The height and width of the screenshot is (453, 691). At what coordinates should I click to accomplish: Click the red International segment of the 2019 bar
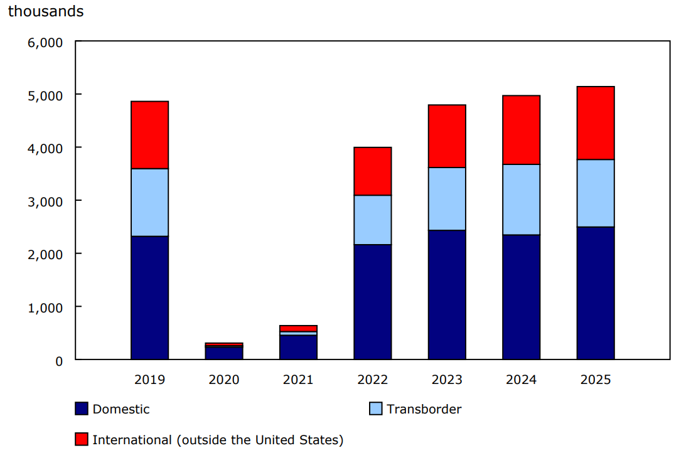click(149, 135)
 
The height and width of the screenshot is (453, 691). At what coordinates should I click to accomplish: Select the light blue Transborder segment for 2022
click(372, 220)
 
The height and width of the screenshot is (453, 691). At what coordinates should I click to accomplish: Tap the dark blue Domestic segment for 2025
click(596, 293)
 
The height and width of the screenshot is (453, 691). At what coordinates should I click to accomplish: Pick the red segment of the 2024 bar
click(521, 130)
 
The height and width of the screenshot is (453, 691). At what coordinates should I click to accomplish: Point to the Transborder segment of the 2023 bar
click(447, 198)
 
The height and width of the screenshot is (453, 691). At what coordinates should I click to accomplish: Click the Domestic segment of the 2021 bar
click(298, 347)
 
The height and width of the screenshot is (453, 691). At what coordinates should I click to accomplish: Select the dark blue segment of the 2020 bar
click(224, 353)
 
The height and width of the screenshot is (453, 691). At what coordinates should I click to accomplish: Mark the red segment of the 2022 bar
click(372, 171)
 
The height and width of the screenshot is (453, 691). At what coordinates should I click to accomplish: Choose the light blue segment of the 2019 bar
click(149, 202)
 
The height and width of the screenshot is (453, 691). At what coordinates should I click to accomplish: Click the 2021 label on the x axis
click(298, 380)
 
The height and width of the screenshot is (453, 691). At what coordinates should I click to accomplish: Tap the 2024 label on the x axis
click(521, 380)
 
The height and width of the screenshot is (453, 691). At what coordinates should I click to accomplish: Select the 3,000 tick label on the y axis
click(45, 201)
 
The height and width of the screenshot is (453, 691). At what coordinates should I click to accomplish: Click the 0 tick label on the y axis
click(59, 361)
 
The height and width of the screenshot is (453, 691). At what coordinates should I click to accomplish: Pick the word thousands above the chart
click(46, 11)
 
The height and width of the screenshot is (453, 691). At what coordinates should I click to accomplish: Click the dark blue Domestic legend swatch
click(81, 409)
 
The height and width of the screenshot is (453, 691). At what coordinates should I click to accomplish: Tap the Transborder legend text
click(424, 409)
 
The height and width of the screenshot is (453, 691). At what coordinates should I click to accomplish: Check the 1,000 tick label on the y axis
click(45, 307)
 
